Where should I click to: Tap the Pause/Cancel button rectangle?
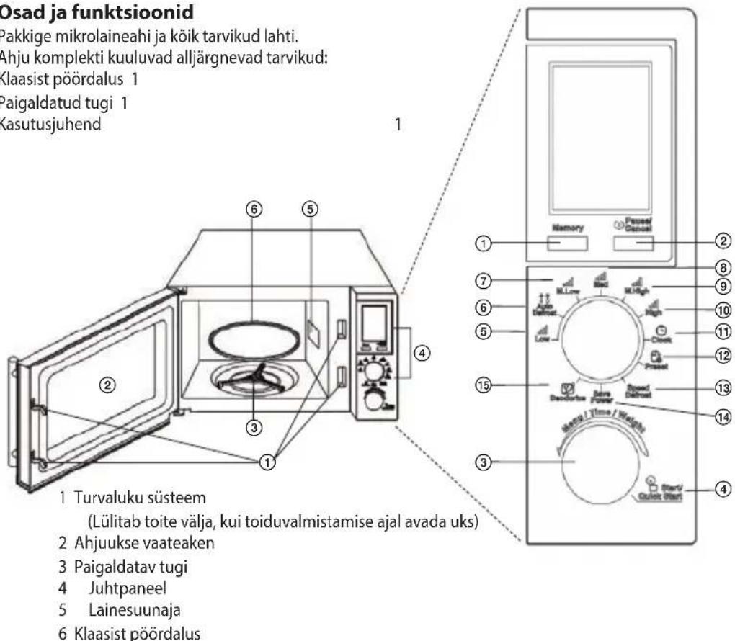click(634, 243)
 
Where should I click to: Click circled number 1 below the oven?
click(267, 462)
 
